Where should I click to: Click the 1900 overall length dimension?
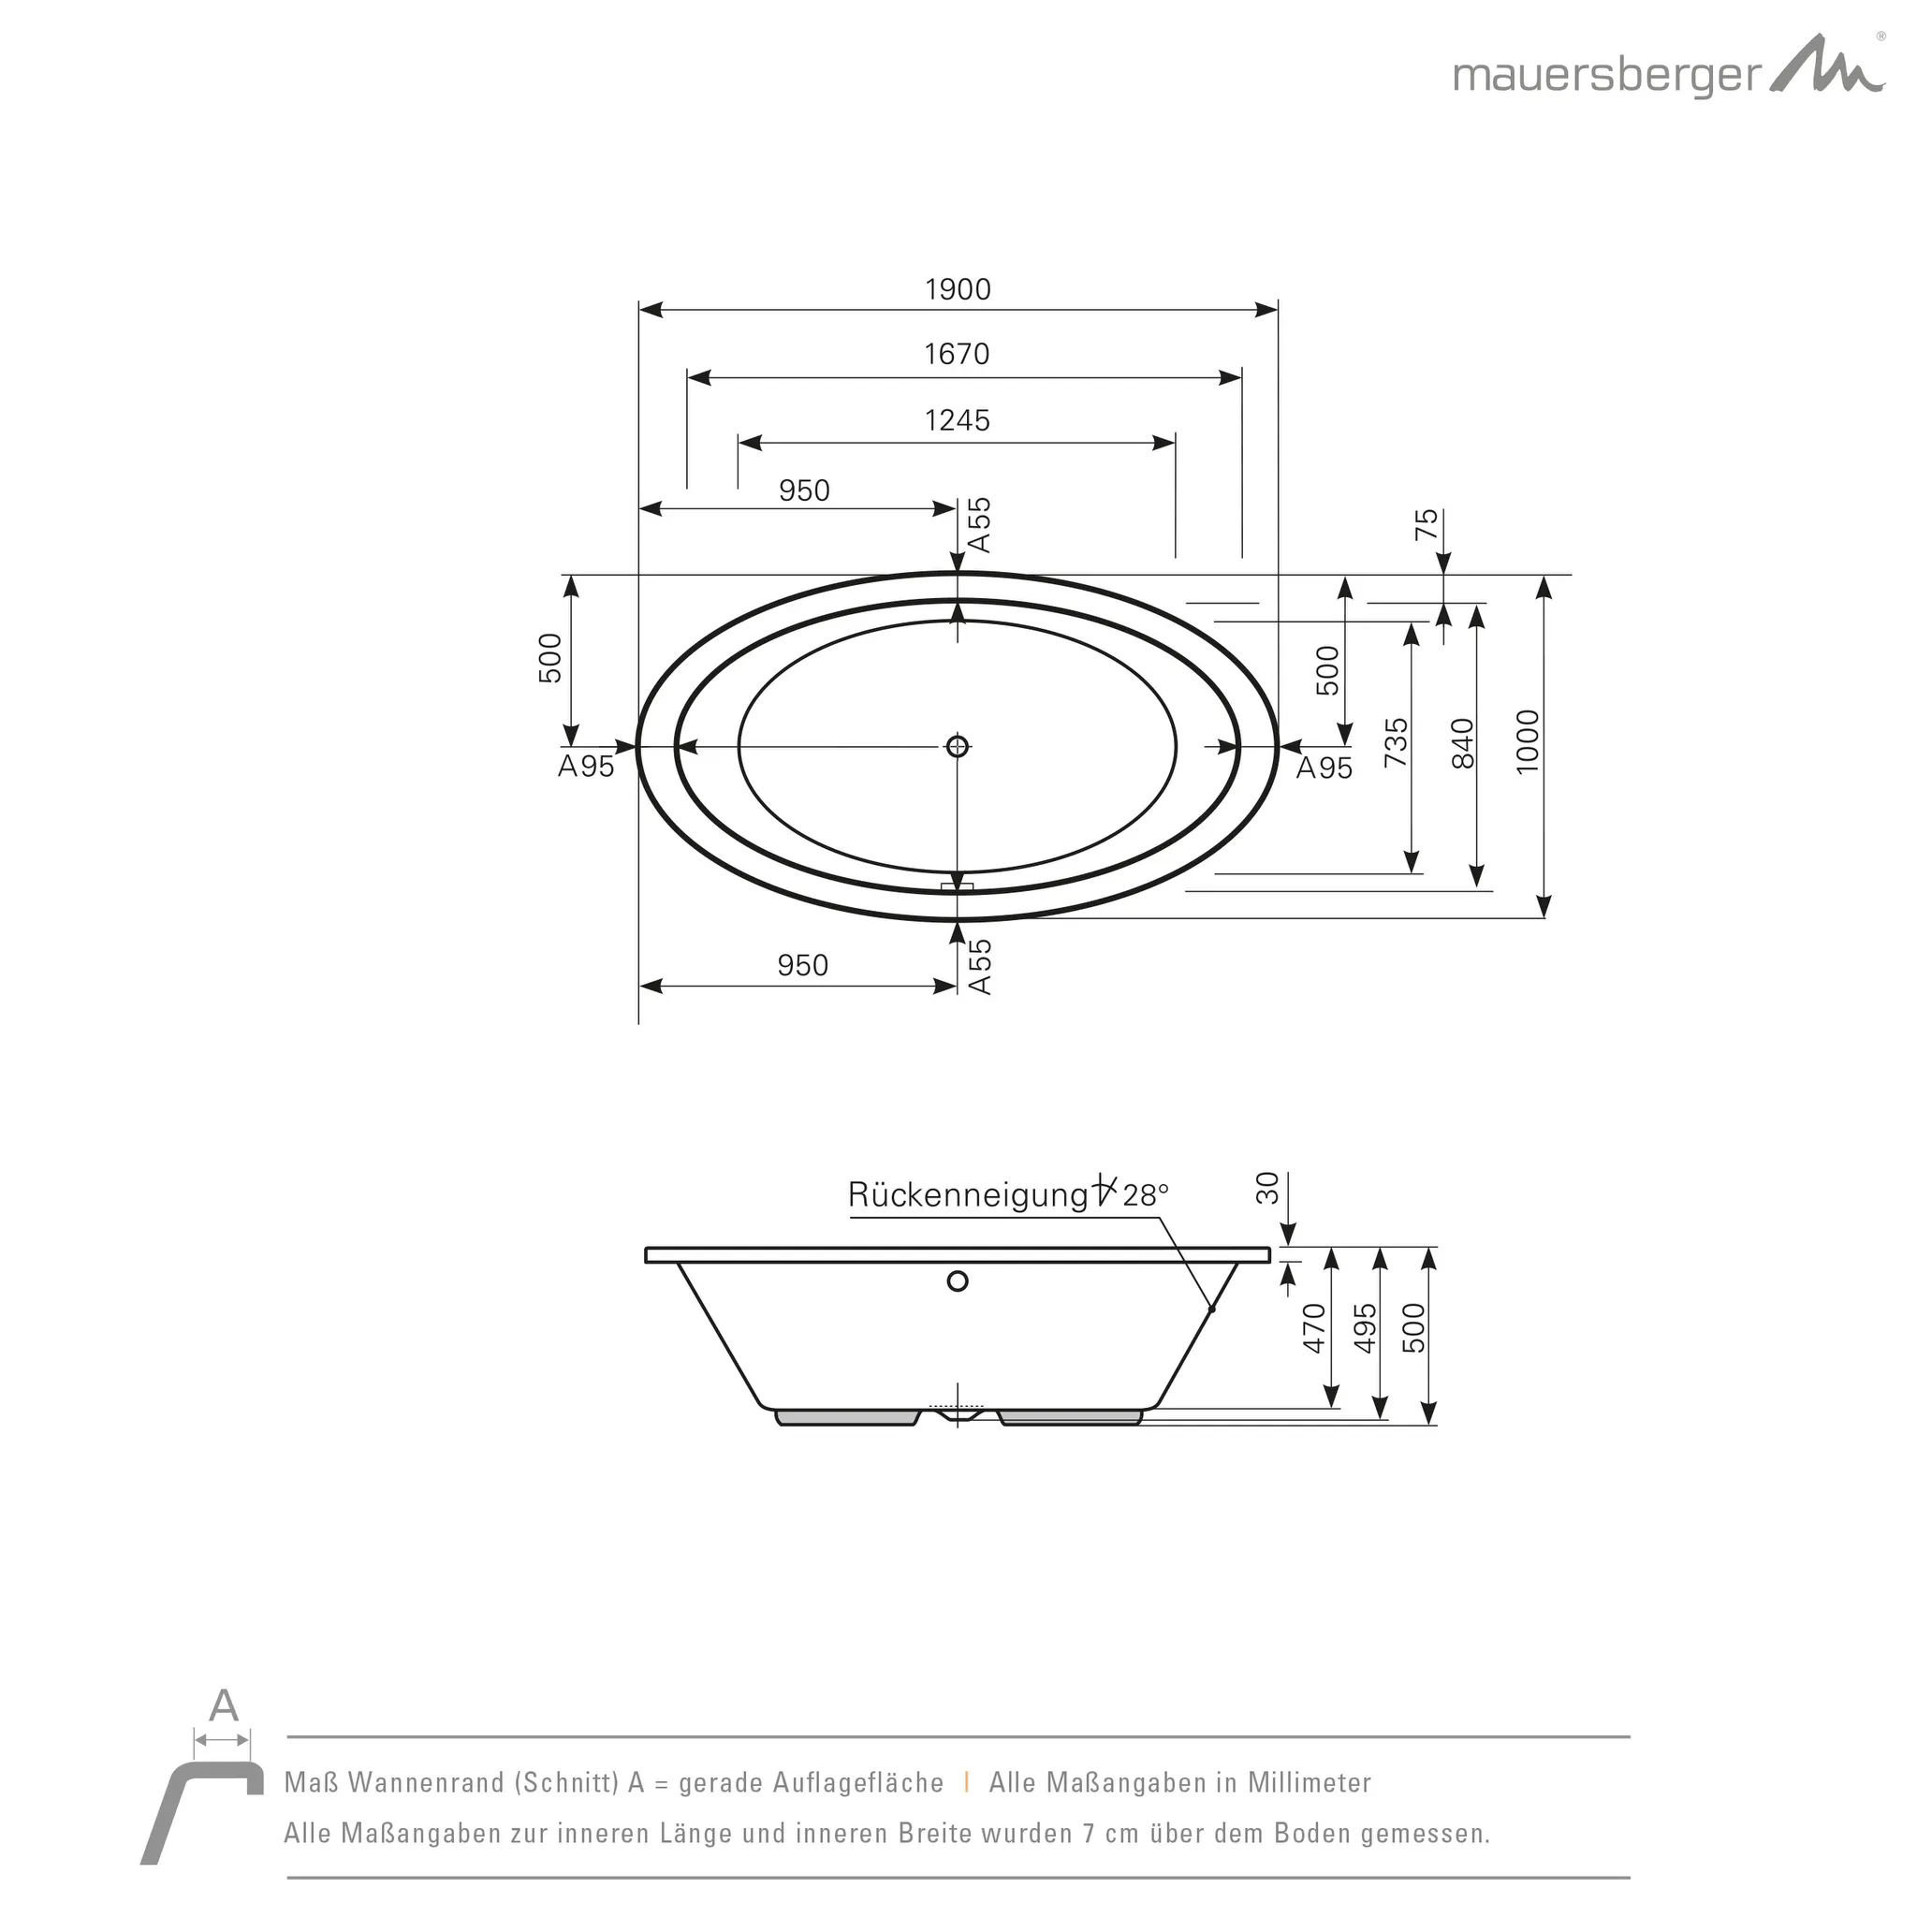[958, 290]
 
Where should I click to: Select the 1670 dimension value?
[957, 354]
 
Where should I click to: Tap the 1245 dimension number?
[957, 420]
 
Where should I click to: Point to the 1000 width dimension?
[1527, 741]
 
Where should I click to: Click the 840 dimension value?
[1463, 743]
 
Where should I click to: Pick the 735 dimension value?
[1396, 742]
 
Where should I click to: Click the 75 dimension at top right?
[1426, 523]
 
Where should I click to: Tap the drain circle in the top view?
[958, 746]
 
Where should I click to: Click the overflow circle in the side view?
[958, 1281]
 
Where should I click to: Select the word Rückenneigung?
[968, 1194]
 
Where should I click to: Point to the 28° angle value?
[1146, 1195]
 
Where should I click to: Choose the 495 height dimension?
[1366, 1327]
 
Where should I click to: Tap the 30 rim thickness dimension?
[1268, 1188]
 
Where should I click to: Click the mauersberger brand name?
[1607, 77]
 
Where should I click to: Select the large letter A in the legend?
[225, 1705]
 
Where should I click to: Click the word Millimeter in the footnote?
[1310, 1783]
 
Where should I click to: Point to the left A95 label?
[585, 767]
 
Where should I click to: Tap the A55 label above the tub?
[979, 525]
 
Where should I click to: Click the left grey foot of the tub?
[846, 1417]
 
